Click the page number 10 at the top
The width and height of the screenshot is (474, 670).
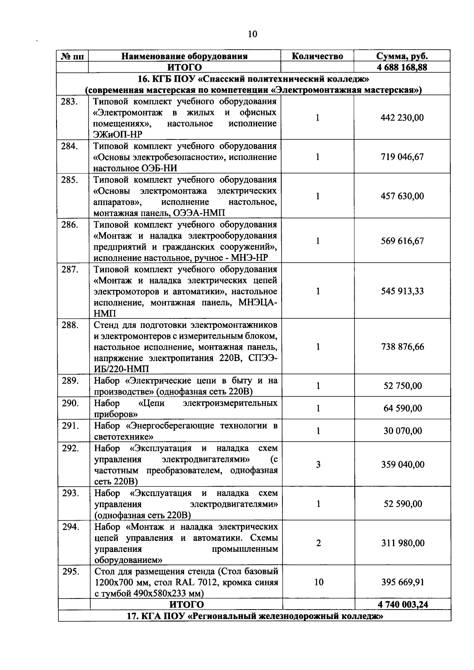[252, 34]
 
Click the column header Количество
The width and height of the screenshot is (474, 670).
[317, 56]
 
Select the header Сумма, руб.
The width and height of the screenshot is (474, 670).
[402, 56]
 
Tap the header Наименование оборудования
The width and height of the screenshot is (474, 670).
[184, 56]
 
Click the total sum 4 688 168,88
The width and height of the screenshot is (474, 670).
[402, 67]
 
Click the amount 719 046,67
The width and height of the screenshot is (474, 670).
[402, 157]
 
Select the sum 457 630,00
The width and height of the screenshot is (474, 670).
[402, 196]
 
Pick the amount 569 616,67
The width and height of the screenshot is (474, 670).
[402, 241]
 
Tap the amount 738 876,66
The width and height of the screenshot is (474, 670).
[402, 347]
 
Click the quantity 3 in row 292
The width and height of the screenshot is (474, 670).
[318, 465]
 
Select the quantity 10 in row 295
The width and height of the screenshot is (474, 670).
[318, 582]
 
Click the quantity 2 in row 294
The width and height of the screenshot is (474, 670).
[318, 543]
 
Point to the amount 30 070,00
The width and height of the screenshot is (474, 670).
[403, 431]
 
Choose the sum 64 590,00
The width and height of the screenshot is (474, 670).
[403, 408]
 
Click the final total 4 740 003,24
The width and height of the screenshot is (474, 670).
[403, 604]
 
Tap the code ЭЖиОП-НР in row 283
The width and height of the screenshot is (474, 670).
[118, 135]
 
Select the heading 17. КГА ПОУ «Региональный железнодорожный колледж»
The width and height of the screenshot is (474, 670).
[255, 616]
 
